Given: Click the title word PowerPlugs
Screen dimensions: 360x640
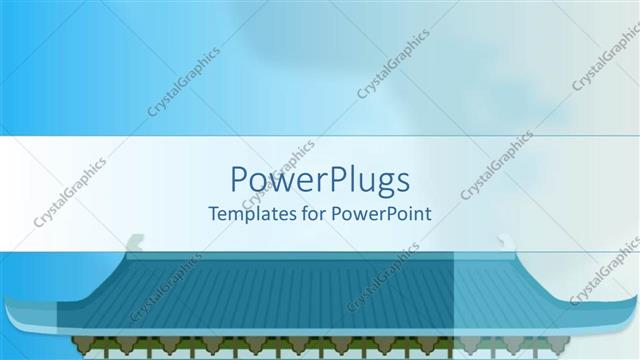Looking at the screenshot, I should click(320, 181).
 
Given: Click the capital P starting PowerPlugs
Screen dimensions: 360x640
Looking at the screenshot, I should click(239, 181).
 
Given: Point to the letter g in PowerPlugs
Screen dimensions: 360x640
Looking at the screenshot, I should click(375, 184).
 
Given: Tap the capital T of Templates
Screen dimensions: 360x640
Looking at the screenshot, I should click(212, 213).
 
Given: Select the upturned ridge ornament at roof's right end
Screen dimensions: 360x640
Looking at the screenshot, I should click(505, 241).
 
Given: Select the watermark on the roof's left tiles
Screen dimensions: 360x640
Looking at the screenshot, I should click(165, 284).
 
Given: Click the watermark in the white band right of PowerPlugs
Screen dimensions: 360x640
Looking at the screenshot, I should click(495, 165).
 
